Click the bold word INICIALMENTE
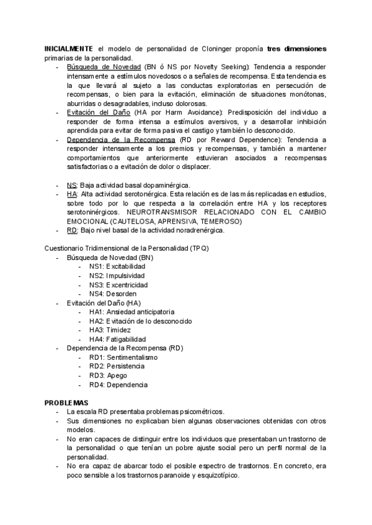coord(69,49)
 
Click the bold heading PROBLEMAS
coord(66,402)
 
